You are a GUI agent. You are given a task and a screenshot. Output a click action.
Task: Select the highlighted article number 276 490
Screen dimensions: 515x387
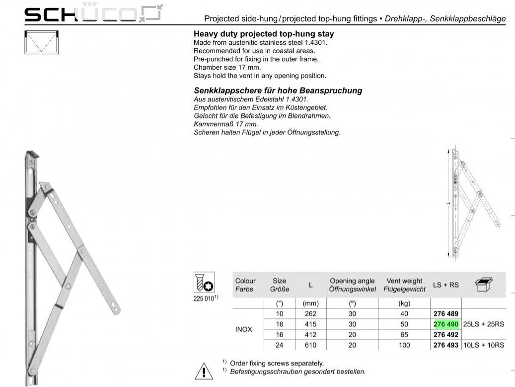pos(446,324)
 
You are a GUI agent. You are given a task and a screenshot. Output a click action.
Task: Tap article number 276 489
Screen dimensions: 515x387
pos(446,314)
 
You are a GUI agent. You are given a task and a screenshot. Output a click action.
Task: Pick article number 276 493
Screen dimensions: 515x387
pos(446,345)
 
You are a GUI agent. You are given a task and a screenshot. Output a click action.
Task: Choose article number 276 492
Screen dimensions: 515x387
pos(446,335)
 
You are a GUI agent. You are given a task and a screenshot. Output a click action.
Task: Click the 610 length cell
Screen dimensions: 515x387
pos(310,345)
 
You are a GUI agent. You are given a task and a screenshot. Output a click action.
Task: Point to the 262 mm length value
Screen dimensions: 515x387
pos(310,314)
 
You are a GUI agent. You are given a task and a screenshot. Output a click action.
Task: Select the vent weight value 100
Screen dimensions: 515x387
pos(404,345)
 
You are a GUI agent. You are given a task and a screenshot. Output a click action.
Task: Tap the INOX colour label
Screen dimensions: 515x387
pos(243,329)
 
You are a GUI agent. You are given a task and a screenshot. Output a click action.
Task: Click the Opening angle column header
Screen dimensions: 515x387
pos(352,285)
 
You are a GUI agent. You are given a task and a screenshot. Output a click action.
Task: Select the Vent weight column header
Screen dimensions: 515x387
pos(404,285)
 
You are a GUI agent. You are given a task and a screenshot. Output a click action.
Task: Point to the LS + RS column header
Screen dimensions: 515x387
pos(446,285)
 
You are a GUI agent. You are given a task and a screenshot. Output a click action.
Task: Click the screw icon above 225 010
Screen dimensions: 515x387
pos(204,283)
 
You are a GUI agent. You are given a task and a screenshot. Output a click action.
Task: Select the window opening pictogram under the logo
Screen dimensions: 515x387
pos(42,42)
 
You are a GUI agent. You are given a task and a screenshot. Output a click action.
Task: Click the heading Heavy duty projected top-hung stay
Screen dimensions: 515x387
pos(263,34)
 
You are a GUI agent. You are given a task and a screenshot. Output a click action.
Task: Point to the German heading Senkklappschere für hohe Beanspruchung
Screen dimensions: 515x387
pos(278,91)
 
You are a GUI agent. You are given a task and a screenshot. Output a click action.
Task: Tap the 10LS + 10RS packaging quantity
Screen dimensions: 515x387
pos(483,345)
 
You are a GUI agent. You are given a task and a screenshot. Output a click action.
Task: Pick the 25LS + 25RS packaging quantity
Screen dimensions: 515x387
pos(483,324)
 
